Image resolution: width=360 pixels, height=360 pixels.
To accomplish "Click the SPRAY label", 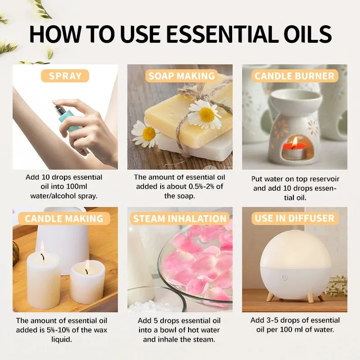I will [x=65, y=76].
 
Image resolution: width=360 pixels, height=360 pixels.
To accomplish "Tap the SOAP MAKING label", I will [x=181, y=76].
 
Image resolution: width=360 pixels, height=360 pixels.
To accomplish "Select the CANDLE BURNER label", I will [x=295, y=76].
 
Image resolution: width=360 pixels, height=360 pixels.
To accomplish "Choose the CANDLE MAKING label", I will [x=64, y=219].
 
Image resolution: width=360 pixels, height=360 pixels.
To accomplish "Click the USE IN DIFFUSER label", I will [x=295, y=219].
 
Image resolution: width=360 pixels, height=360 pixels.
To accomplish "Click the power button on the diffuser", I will [x=284, y=278].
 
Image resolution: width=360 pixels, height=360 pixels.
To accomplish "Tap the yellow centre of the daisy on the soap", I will [x=207, y=115].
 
